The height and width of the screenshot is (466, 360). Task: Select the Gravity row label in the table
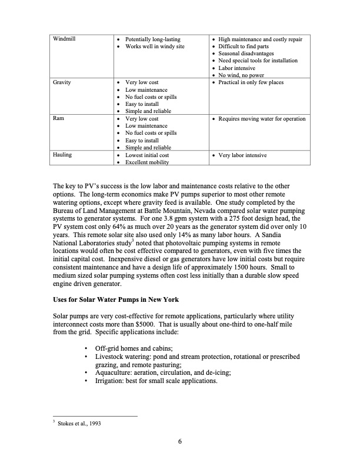pyautogui.click(x=62, y=82)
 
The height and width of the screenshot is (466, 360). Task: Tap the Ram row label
pyautogui.click(x=58, y=119)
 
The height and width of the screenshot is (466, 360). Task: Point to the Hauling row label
pyautogui.click(x=62, y=155)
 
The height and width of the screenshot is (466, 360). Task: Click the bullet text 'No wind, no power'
pyautogui.click(x=241, y=75)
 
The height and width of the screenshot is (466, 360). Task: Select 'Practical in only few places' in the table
pyautogui.click(x=251, y=82)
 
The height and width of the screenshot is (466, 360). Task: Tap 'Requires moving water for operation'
pyautogui.click(x=262, y=119)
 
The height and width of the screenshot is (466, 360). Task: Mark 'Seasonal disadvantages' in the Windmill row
pyautogui.click(x=247, y=54)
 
